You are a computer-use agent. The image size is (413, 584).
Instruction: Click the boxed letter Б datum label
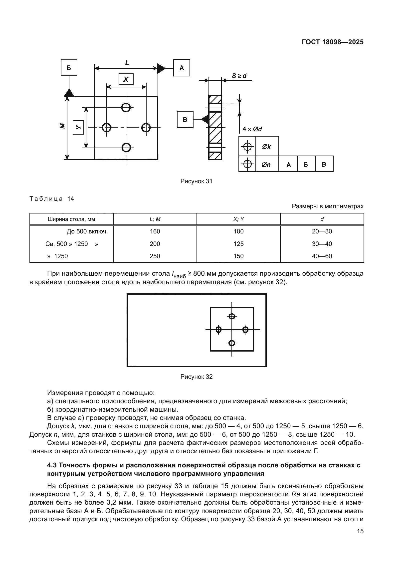click(x=69, y=68)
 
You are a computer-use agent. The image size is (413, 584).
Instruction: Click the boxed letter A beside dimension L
click(x=182, y=68)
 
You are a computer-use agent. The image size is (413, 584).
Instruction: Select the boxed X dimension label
click(x=126, y=79)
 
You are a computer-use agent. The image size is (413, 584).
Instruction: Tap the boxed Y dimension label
click(x=78, y=127)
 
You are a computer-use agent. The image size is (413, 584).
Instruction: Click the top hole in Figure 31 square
click(x=126, y=108)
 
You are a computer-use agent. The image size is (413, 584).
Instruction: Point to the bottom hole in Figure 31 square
click(x=126, y=147)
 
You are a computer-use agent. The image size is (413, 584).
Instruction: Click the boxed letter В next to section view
click(x=185, y=120)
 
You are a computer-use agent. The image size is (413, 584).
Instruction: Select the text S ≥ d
click(x=239, y=76)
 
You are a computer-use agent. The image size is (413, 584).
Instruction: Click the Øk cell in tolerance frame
click(x=267, y=147)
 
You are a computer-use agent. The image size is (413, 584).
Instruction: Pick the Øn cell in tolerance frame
click(x=266, y=165)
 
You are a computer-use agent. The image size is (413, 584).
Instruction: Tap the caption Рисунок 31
click(x=196, y=181)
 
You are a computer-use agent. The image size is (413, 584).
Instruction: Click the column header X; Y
click(x=238, y=219)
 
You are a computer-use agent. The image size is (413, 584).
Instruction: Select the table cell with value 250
click(x=155, y=256)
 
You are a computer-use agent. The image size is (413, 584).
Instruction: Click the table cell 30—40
click(x=322, y=244)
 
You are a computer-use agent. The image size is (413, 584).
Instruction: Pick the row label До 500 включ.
click(x=87, y=231)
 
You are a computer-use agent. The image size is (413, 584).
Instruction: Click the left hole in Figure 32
click(x=218, y=330)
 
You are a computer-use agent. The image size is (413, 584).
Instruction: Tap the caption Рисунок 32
click(x=196, y=377)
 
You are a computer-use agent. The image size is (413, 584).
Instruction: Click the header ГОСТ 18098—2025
click(x=332, y=42)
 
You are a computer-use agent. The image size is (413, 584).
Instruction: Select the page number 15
click(x=360, y=531)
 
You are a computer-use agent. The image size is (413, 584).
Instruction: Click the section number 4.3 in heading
click(x=52, y=465)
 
